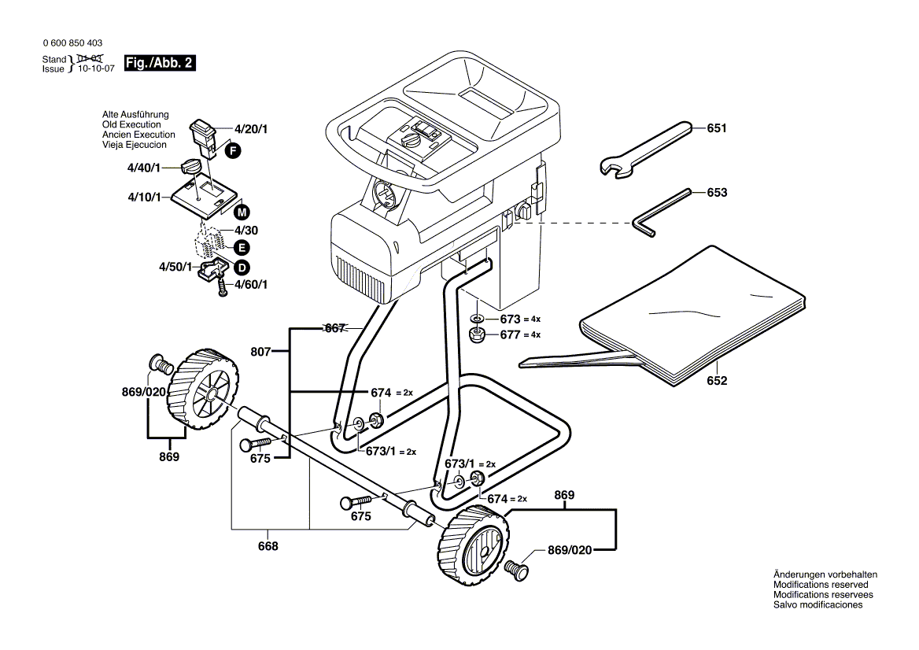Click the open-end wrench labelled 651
(x=644, y=149)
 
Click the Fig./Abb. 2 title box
(x=160, y=63)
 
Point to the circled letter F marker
(x=233, y=151)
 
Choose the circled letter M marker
(x=242, y=212)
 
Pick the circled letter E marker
(x=242, y=248)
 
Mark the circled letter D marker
(x=242, y=268)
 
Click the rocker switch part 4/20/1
(x=203, y=139)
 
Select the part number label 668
(x=268, y=546)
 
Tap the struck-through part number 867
(x=334, y=328)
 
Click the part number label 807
(x=260, y=352)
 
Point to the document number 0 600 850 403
(x=72, y=42)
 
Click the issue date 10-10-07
(x=96, y=68)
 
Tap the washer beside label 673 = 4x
(x=477, y=319)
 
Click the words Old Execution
(x=131, y=124)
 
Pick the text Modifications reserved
(x=821, y=585)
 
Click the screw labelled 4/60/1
(x=222, y=287)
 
